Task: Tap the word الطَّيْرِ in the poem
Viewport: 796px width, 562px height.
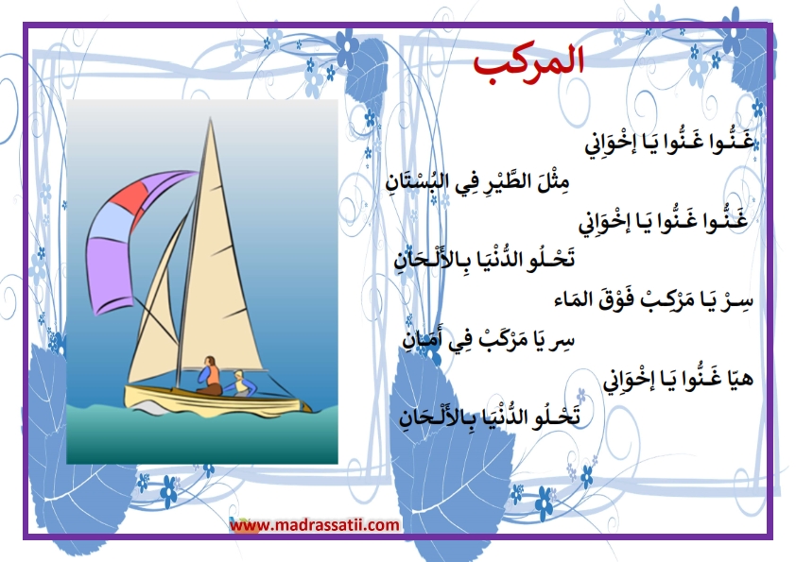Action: [x=510, y=181]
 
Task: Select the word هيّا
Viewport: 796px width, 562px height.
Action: [x=735, y=379]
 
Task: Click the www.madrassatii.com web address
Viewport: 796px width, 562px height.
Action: [x=315, y=524]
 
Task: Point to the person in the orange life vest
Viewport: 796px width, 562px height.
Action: [x=209, y=376]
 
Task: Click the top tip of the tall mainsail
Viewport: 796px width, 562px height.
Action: [x=210, y=118]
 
